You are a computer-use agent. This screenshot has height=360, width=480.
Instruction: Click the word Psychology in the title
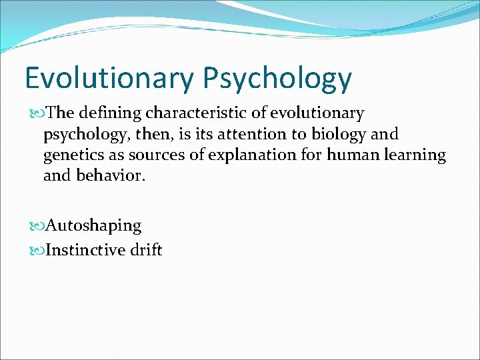(x=277, y=79)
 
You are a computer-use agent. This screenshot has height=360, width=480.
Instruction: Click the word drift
(x=146, y=250)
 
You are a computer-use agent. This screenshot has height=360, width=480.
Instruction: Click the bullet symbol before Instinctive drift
(x=37, y=251)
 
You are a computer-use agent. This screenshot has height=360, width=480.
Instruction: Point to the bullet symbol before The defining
(x=37, y=114)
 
